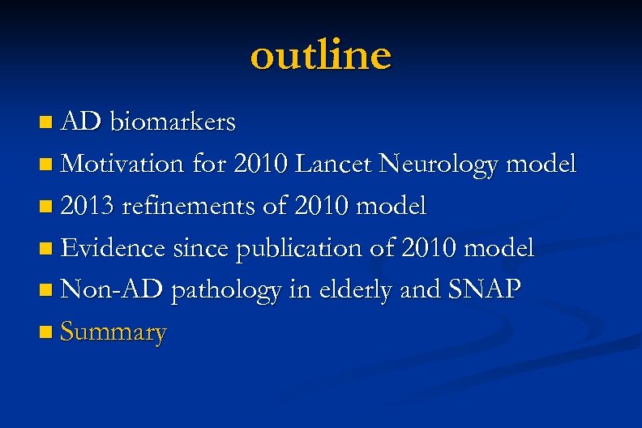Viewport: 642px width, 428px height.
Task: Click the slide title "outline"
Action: tap(321, 56)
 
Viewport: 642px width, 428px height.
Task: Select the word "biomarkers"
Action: tap(173, 122)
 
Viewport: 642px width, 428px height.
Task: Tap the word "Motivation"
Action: tap(123, 165)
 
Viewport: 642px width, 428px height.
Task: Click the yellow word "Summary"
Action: tap(113, 332)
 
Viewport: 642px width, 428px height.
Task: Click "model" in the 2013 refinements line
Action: tap(392, 207)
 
